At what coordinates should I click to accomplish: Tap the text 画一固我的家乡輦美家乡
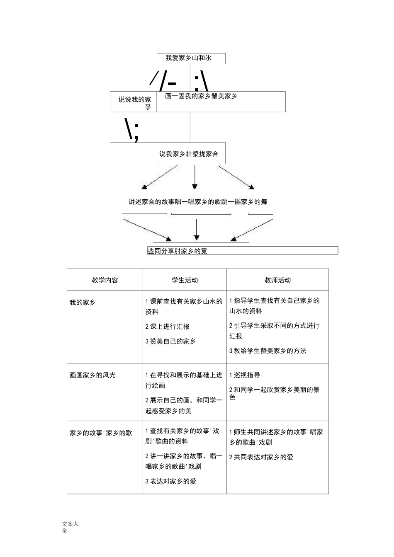pyautogui.click(x=201, y=96)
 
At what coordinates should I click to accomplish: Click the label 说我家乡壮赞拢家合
pyautogui.click(x=189, y=154)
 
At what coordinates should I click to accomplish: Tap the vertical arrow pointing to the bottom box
pyautogui.click(x=197, y=229)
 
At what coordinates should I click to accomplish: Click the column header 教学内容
pyautogui.click(x=105, y=280)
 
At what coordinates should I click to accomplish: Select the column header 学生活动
pyautogui.click(x=185, y=280)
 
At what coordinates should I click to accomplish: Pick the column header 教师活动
pyautogui.click(x=277, y=280)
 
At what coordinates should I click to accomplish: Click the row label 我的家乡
pyautogui.click(x=83, y=303)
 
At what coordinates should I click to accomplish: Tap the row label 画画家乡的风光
pyautogui.click(x=92, y=375)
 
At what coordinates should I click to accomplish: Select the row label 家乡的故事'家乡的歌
pyautogui.click(x=101, y=433)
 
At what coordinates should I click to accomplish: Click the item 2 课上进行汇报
pyautogui.click(x=167, y=327)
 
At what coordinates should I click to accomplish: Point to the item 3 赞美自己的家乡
pyautogui.click(x=170, y=341)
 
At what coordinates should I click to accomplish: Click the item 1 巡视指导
pyautogui.click(x=245, y=375)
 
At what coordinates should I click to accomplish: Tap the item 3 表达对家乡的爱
pyautogui.click(x=170, y=481)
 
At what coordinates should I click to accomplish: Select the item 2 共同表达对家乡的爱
pyautogui.click(x=261, y=457)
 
